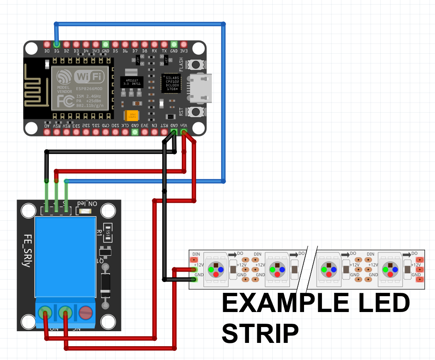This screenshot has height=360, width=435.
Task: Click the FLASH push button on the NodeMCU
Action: [195, 65]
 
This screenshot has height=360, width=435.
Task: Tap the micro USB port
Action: [201, 88]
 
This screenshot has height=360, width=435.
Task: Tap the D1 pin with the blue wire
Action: [57, 44]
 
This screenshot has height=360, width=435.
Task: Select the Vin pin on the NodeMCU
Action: [184, 132]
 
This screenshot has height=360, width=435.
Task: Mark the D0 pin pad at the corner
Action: [47, 44]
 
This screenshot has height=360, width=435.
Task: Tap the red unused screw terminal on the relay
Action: [85, 312]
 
